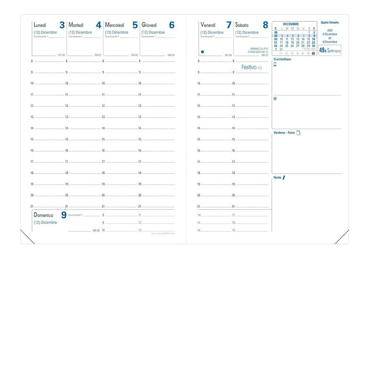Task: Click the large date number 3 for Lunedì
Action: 62,25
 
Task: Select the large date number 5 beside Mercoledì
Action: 135,25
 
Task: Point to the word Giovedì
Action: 149,25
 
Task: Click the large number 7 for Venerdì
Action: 229,25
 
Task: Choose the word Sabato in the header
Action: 242,25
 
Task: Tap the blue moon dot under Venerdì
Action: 203,51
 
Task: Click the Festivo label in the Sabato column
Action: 249,67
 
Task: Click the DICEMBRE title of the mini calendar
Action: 291,24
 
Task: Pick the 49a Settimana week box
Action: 329,50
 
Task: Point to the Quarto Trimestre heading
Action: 330,22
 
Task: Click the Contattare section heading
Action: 282,59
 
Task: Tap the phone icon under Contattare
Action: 275,65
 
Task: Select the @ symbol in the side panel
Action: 275,98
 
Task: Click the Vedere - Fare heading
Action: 284,133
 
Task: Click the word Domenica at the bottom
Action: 43,215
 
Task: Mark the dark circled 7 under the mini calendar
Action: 313,53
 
